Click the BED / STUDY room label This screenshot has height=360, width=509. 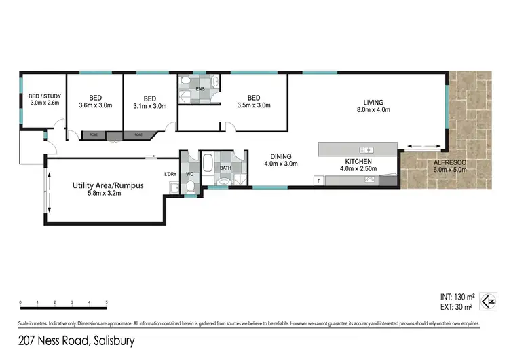(44, 96)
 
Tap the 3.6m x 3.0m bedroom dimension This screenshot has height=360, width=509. (95, 105)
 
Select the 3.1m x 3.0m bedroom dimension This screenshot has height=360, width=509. (150, 105)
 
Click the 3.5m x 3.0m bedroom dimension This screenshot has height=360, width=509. (254, 105)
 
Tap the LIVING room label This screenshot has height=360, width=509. (373, 102)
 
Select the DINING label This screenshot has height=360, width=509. (280, 156)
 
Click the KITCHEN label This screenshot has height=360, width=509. (358, 161)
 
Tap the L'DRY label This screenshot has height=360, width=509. (170, 174)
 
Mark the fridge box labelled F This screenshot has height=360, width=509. (318, 180)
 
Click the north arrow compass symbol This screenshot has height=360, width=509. (487, 300)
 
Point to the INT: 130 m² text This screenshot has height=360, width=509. (453, 296)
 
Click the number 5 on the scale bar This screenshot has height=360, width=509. (107, 302)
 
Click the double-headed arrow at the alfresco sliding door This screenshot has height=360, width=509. (421, 145)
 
